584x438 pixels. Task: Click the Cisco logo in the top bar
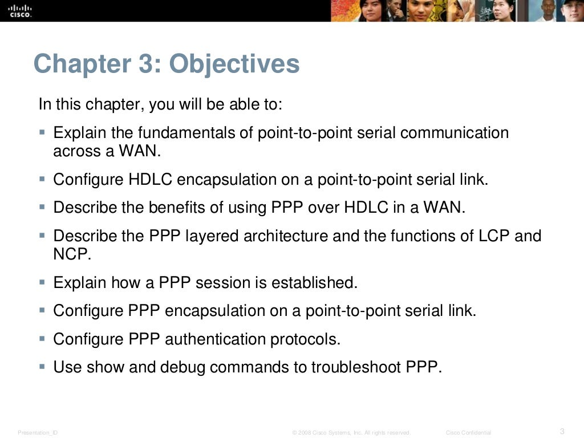coord(20,11)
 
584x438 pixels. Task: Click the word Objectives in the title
coord(234,64)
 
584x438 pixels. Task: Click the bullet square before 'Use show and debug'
coord(42,367)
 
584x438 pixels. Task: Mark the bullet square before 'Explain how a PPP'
coord(42,282)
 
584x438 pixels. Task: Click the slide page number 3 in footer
coord(562,431)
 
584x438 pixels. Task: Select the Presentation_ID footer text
coord(38,433)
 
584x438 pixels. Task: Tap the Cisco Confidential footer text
coord(468,433)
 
